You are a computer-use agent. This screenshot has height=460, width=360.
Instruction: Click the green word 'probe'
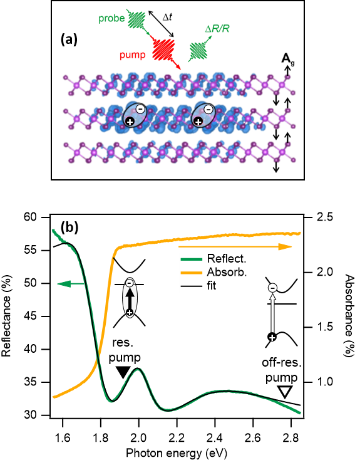click(x=111, y=18)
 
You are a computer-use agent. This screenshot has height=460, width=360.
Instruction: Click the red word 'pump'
click(x=132, y=55)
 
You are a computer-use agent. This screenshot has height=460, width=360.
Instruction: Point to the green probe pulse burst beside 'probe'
click(x=135, y=20)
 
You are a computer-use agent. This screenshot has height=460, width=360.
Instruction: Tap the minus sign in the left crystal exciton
click(x=140, y=109)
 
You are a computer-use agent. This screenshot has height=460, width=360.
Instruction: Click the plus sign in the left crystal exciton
click(x=130, y=122)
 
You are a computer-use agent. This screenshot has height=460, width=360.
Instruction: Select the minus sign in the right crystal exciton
click(x=208, y=109)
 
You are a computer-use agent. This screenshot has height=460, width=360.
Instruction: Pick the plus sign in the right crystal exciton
click(x=198, y=122)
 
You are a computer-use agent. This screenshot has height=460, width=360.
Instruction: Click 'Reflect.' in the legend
click(x=227, y=259)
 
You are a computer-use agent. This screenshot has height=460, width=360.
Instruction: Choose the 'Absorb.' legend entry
click(x=227, y=273)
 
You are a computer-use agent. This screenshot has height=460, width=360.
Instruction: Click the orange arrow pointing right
click(x=285, y=247)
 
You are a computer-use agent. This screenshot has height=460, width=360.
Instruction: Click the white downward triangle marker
click(x=285, y=392)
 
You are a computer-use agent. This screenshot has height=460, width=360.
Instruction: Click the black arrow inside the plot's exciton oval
click(x=129, y=298)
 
